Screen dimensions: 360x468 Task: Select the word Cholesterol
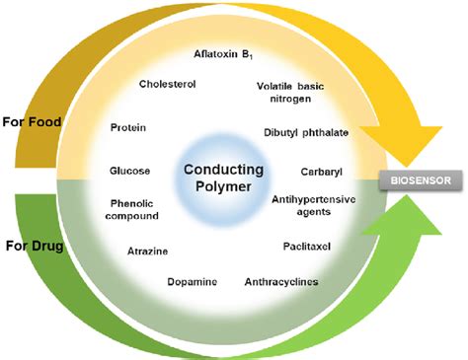coord(167,85)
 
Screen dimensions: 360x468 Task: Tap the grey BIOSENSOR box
coord(414,180)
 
